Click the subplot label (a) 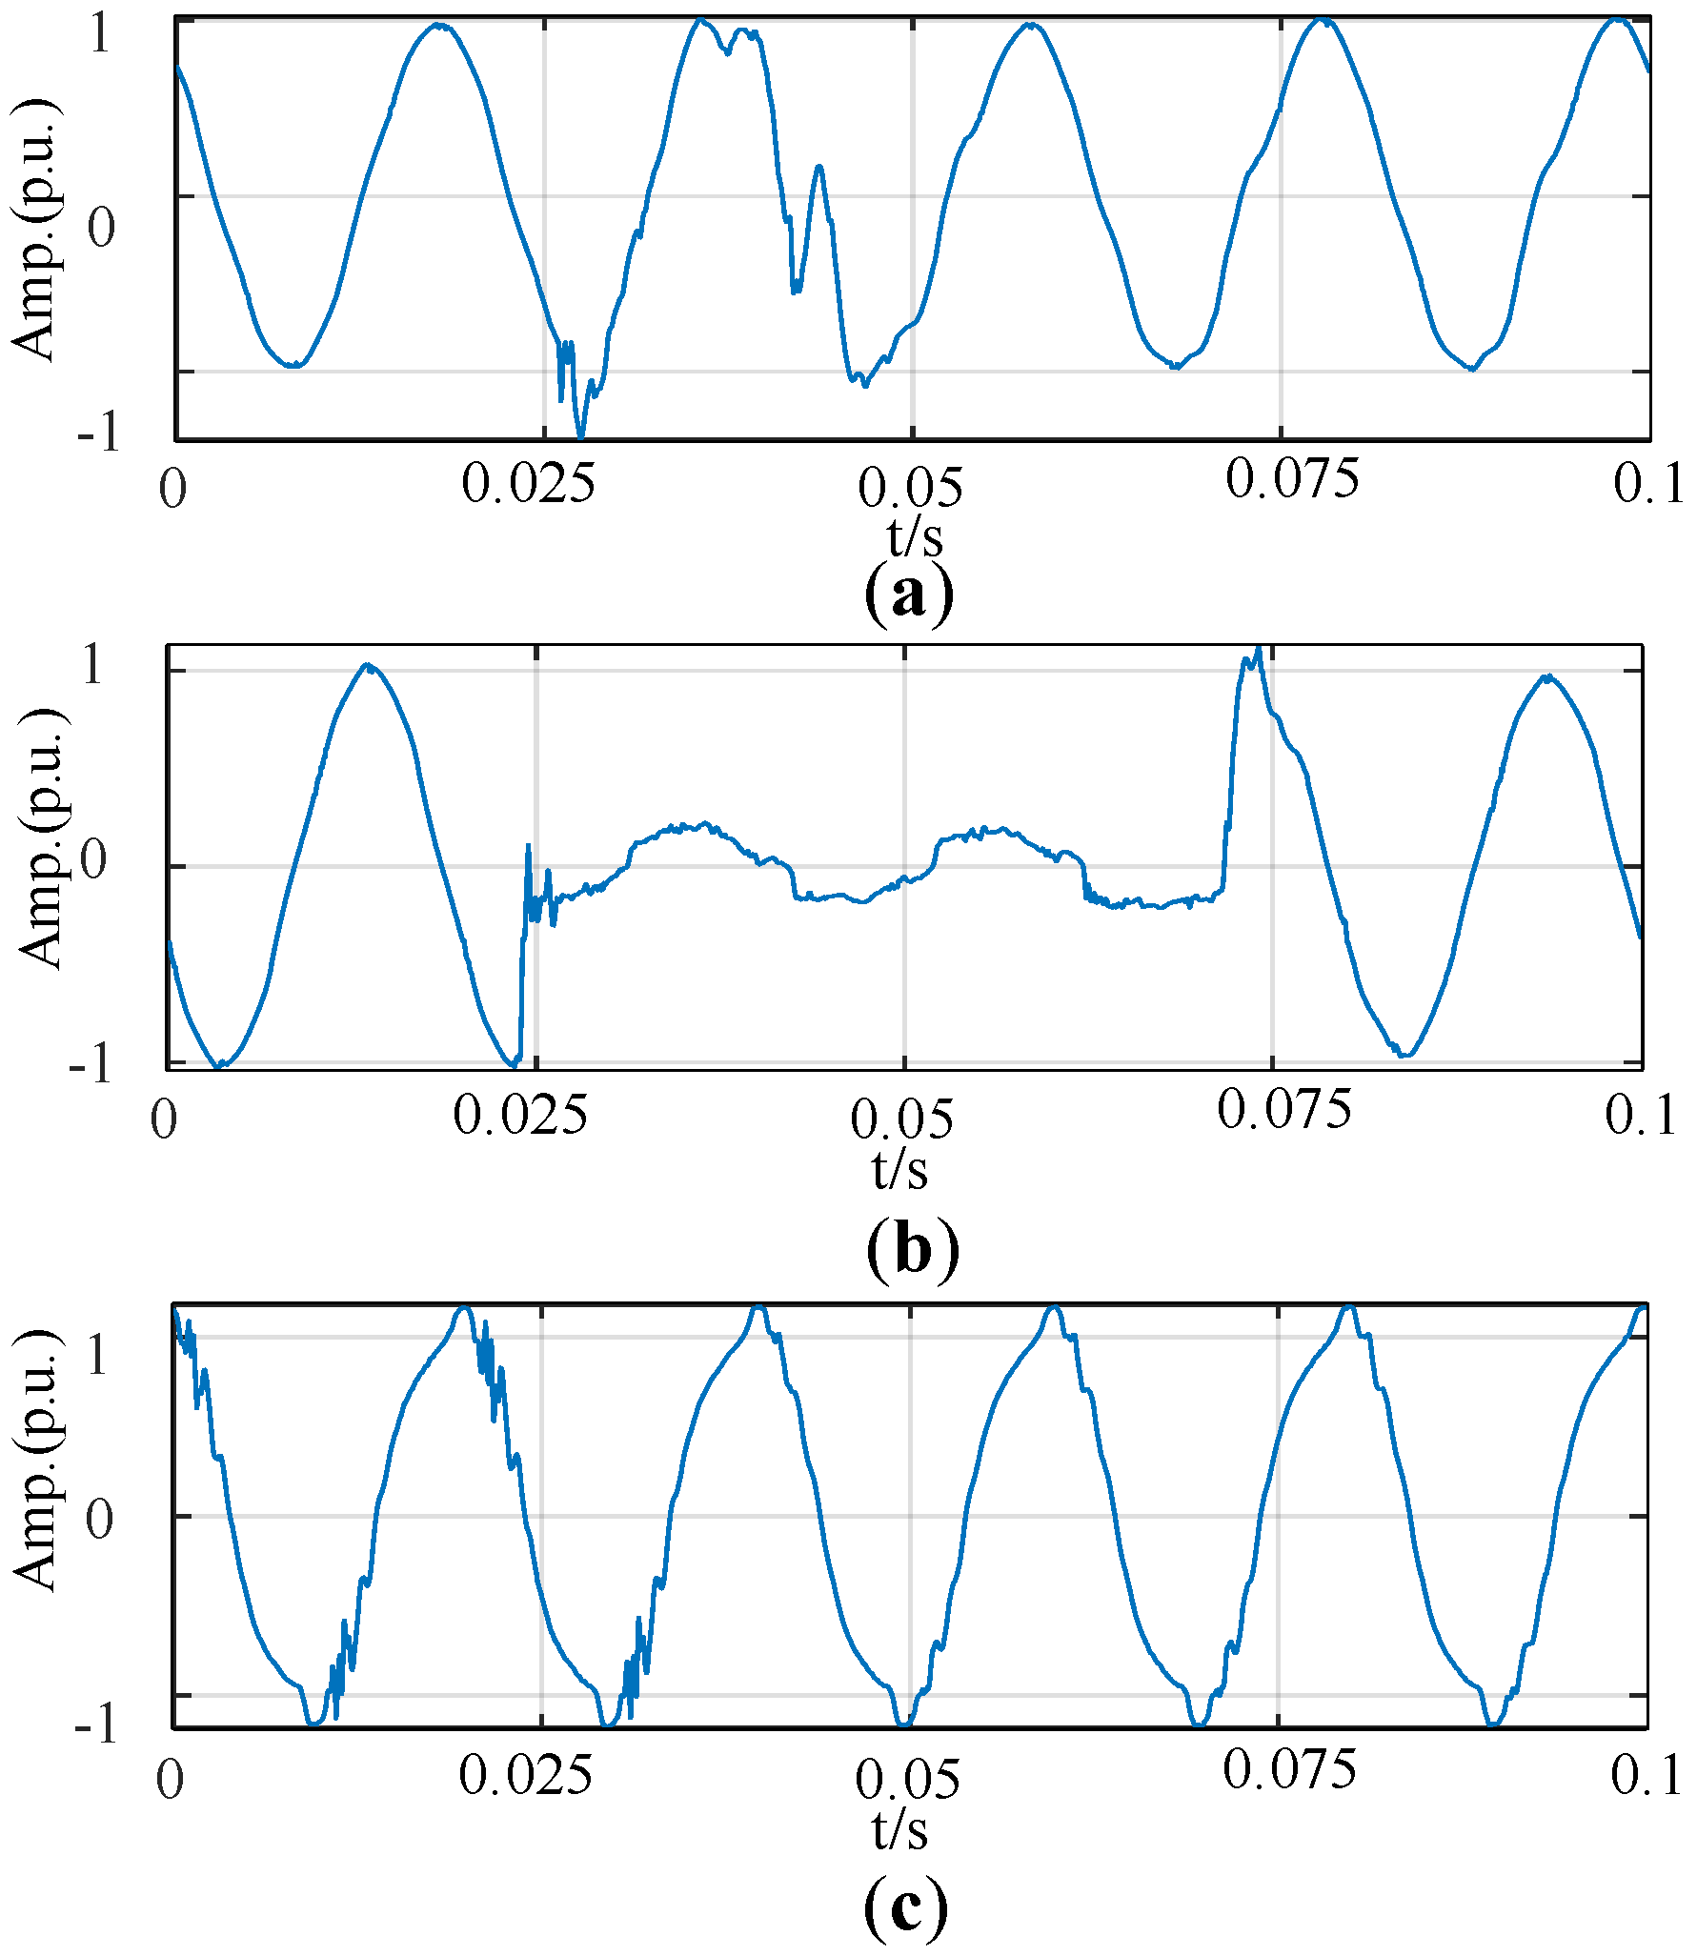pos(908,595)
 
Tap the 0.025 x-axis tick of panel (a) pos(528,484)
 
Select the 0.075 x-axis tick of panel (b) pos(1283,1111)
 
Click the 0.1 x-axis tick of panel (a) pos(1648,484)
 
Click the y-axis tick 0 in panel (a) pos(101,228)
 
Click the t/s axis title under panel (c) pos(899,1829)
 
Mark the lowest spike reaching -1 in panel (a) pos(580,435)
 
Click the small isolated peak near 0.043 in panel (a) pos(818,168)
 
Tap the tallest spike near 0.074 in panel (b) pos(1259,649)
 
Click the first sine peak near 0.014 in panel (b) pos(369,666)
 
